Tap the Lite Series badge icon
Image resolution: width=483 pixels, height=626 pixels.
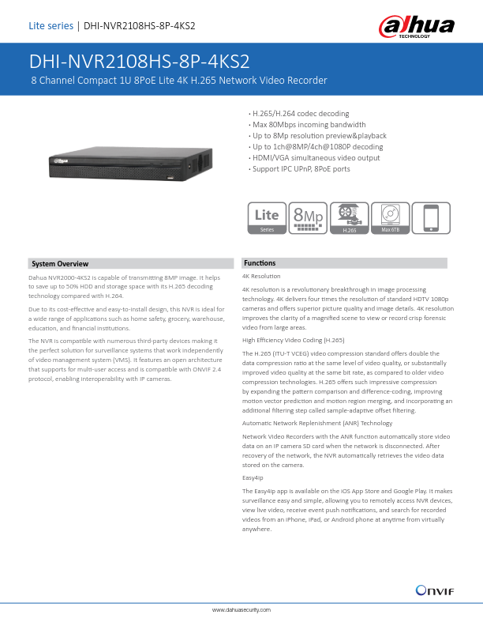coord(267,217)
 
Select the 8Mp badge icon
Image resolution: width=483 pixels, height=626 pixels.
coord(307,217)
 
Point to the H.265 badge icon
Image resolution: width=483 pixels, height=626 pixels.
coord(348,217)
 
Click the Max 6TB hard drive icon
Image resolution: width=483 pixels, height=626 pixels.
coord(390,217)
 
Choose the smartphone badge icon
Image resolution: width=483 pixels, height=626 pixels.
coord(431,217)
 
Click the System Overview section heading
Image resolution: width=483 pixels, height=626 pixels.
coord(60,263)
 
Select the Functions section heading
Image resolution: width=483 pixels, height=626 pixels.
coord(260,262)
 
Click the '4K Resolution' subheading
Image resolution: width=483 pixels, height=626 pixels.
coord(261,277)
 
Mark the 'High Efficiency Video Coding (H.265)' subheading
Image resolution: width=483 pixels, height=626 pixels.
coord(293,339)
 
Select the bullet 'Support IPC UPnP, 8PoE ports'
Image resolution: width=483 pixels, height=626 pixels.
coord(301,168)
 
